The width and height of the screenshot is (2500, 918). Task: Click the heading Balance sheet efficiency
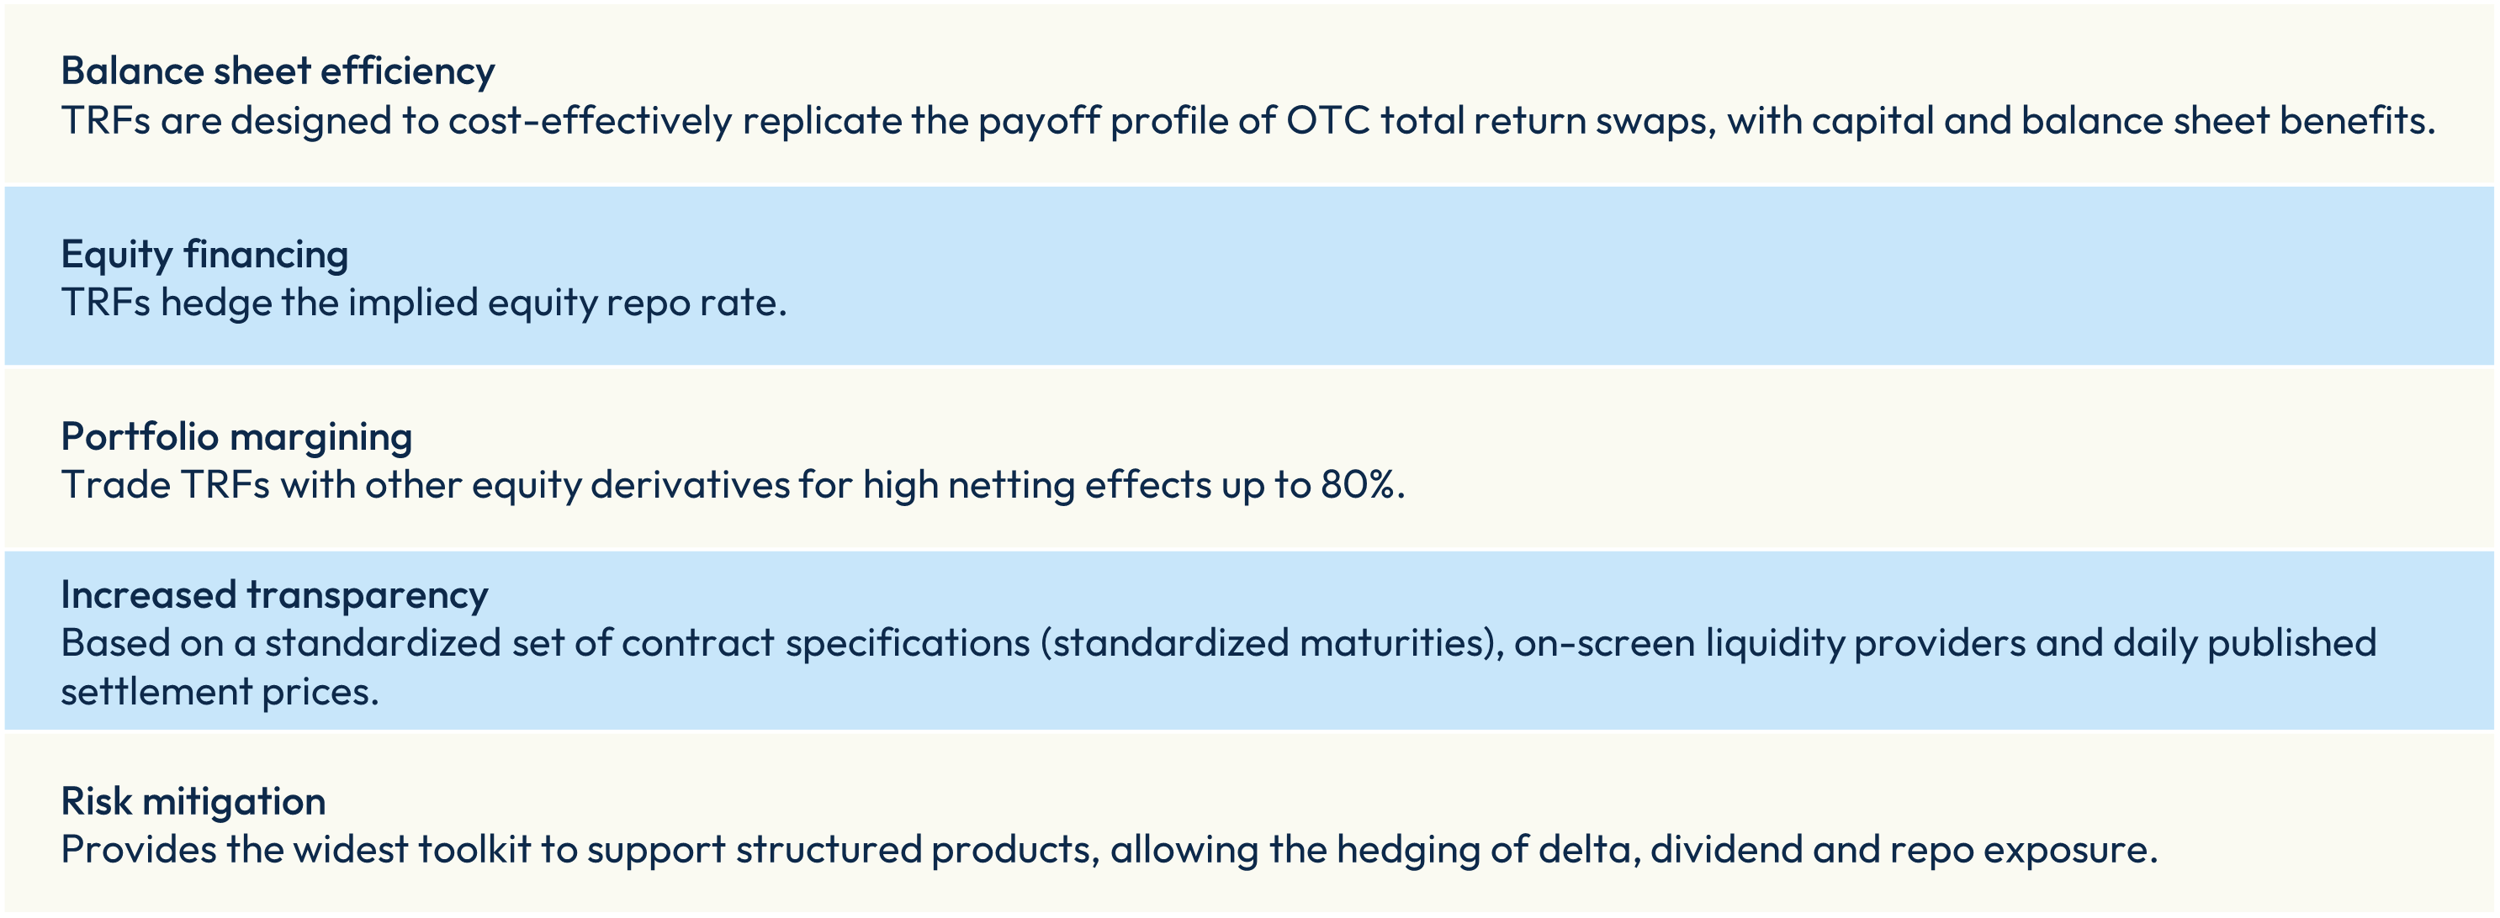pos(278,71)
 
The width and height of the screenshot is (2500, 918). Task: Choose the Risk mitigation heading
pos(193,801)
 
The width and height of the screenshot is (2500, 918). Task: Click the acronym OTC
pos(1327,121)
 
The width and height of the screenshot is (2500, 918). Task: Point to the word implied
pos(412,303)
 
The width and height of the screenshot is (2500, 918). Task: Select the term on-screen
pos(1605,643)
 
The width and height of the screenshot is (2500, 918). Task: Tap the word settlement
pos(156,692)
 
